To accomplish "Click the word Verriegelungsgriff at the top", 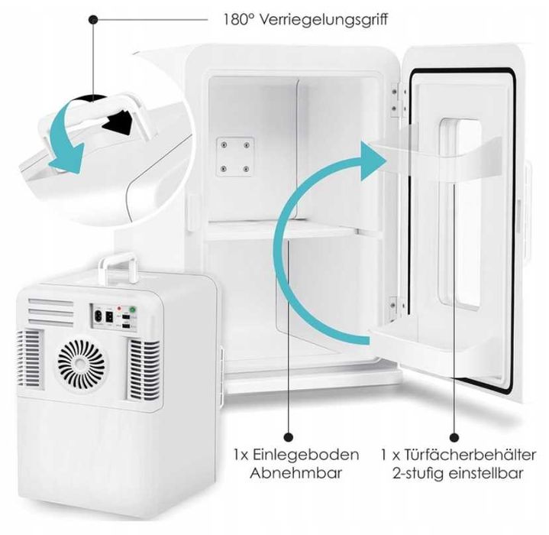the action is pos(329,18).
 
